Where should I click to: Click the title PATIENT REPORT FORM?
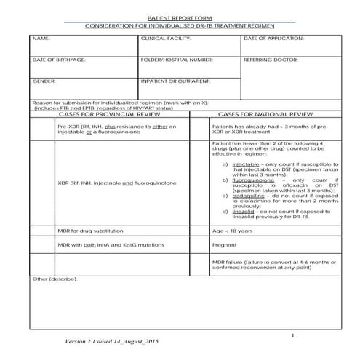point(180,17)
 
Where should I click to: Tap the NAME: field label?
point(41,38)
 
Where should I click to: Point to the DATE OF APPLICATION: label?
point(273,38)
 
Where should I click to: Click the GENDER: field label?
point(44,81)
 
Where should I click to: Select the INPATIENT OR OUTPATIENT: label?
point(175,81)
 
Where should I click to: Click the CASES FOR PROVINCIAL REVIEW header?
point(108,115)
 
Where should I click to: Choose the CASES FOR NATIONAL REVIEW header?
point(265,115)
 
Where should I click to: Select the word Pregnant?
point(223,246)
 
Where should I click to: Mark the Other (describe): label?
point(55,279)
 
